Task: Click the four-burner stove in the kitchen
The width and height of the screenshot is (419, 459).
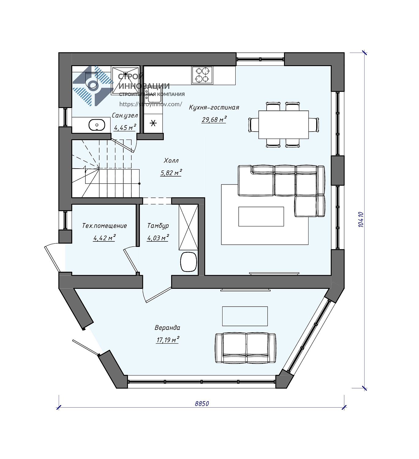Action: [x=202, y=75]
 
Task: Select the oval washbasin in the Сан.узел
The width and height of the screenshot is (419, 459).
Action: [x=97, y=125]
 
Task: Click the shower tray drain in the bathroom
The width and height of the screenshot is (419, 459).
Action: [x=125, y=74]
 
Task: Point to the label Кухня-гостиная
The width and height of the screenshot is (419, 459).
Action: [x=214, y=107]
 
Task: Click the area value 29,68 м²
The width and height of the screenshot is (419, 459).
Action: [x=214, y=119]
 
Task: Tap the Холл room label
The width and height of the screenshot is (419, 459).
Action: [x=171, y=161]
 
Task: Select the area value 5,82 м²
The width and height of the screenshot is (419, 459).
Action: [x=171, y=173]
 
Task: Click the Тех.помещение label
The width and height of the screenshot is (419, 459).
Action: [x=104, y=226]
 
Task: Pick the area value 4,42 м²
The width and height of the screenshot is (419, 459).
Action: [x=104, y=238]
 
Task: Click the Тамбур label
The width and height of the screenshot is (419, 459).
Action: [x=158, y=226]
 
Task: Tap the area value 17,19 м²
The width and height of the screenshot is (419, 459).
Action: [x=168, y=340]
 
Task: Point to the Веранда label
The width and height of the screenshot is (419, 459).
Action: [x=167, y=328]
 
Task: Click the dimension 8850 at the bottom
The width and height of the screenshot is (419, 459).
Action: [x=202, y=404]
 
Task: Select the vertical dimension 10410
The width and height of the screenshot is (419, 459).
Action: [x=361, y=220]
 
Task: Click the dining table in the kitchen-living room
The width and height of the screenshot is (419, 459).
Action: [x=284, y=125]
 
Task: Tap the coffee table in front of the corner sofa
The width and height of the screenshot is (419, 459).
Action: [x=261, y=216]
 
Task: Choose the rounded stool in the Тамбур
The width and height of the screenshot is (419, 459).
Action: [x=189, y=262]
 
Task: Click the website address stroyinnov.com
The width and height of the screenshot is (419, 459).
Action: [x=151, y=104]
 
